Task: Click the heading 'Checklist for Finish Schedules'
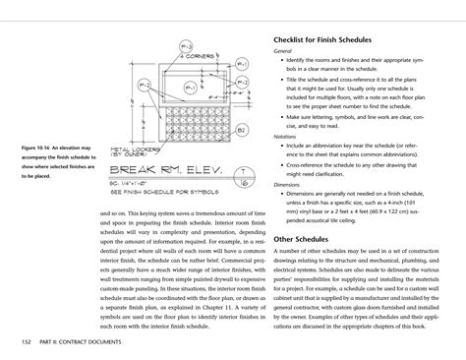(323, 40)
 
